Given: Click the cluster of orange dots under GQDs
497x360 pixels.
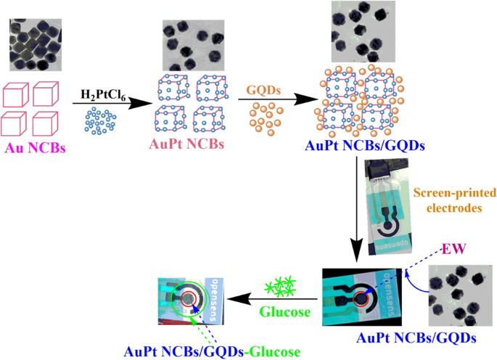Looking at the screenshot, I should point(266,117).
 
